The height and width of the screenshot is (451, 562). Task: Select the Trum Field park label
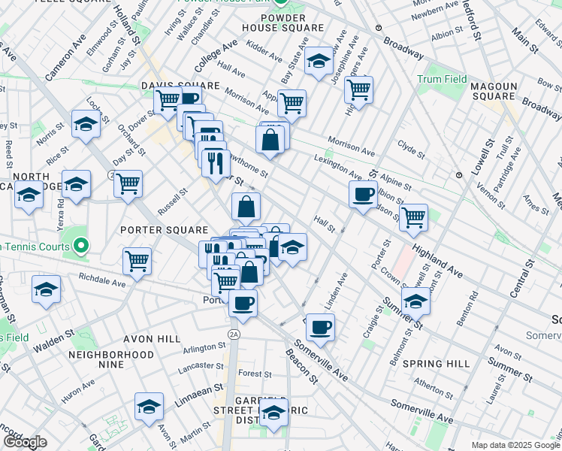[443, 79]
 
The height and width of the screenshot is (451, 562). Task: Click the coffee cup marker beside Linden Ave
[320, 327]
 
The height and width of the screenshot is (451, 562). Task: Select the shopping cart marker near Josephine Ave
[359, 89]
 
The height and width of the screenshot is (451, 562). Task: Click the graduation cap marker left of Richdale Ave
[46, 289]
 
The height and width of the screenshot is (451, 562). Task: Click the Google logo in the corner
[25, 442]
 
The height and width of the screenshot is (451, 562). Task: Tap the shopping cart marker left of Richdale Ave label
[137, 261]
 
